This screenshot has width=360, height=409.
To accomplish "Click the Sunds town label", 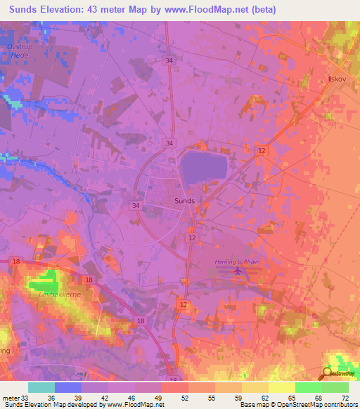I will tap(184, 200).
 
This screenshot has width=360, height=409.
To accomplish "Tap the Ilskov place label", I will tap(339, 79).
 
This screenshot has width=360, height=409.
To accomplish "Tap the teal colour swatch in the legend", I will tap(41, 387).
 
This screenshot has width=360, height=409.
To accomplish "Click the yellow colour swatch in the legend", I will tap(281, 387).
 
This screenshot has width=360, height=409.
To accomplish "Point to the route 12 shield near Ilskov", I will tap(262, 151).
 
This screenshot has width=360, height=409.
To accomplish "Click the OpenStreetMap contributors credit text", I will tap(317, 405).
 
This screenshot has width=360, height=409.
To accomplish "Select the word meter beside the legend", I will tap(10, 398).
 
